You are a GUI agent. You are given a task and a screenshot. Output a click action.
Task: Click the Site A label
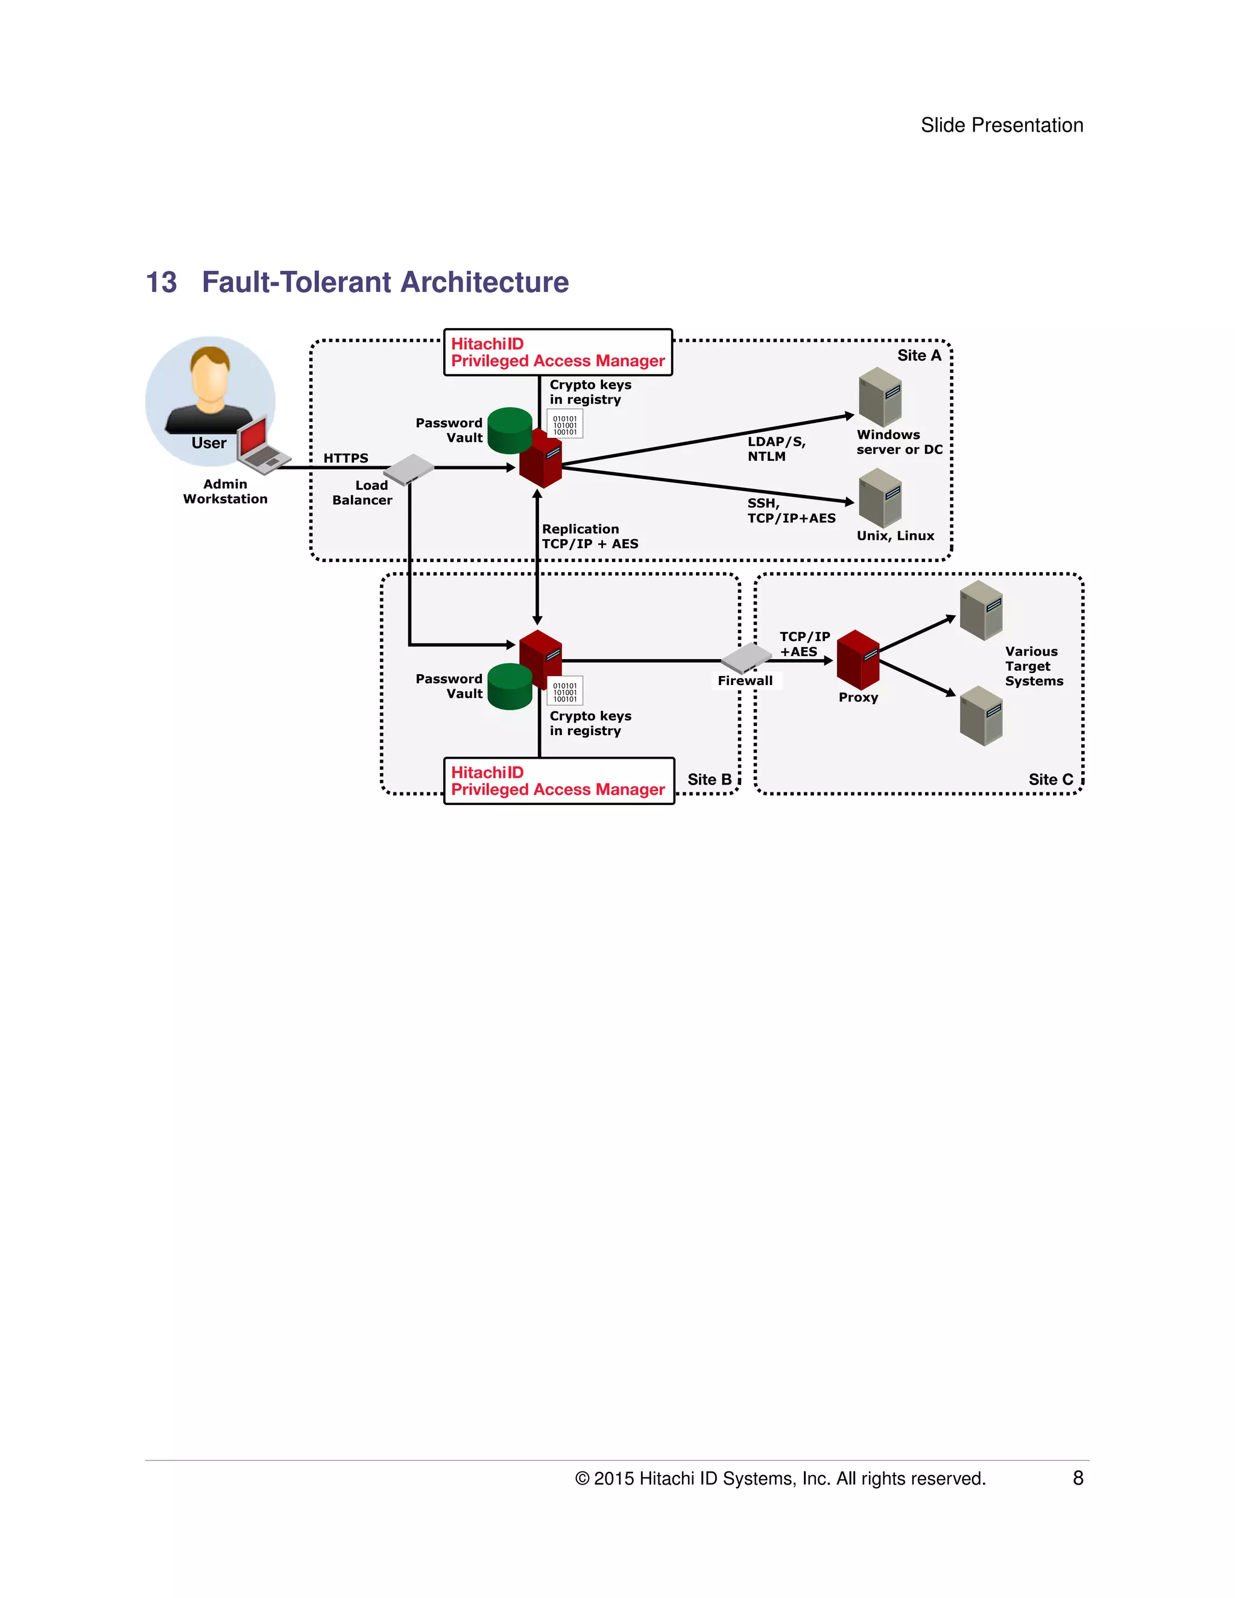(x=919, y=356)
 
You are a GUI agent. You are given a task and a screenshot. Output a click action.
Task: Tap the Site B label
(x=709, y=779)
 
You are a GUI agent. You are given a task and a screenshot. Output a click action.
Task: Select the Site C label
(x=1050, y=779)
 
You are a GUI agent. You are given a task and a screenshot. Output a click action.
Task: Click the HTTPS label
(x=346, y=458)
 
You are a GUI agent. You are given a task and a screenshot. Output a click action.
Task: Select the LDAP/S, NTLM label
(x=775, y=449)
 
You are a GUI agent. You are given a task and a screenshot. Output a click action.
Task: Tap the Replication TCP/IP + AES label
(x=590, y=536)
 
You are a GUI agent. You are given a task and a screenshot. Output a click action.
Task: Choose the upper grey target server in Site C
(x=981, y=610)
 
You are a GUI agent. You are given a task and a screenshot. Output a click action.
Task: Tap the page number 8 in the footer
(x=1078, y=1478)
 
